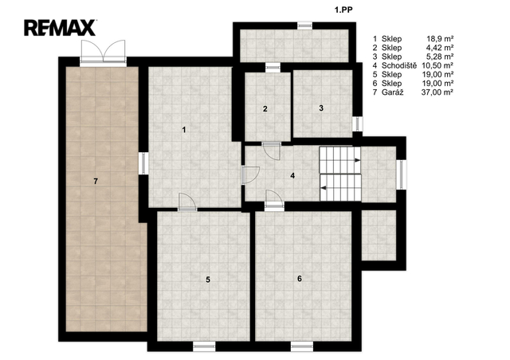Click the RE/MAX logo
coord(60,28)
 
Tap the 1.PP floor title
coord(343,10)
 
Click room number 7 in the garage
coord(96,181)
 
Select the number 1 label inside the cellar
coord(184,130)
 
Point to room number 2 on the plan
coord(265,109)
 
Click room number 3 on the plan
coord(321,108)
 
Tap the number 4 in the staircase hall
coord(292,175)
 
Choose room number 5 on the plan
coord(208,280)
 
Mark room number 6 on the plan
coord(300,279)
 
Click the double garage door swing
coord(103,52)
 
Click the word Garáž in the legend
coord(393,92)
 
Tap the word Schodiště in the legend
coord(399,65)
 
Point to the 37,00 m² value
coord(437,92)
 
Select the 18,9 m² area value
coord(440,39)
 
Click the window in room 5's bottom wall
coord(204,346)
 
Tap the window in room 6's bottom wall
coord(302,346)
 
